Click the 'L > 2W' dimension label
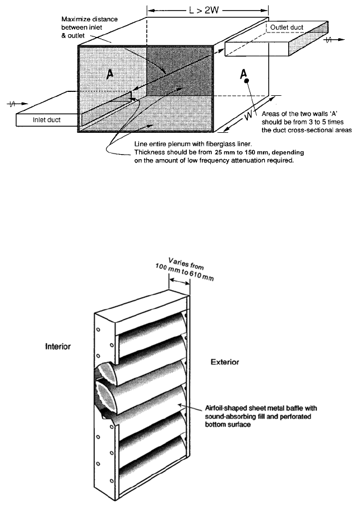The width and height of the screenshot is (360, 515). tap(207, 10)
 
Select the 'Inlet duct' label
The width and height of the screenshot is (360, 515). tap(47, 119)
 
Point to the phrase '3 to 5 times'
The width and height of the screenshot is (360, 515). tap(317, 122)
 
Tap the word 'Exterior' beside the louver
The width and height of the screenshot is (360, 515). tap(225, 362)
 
